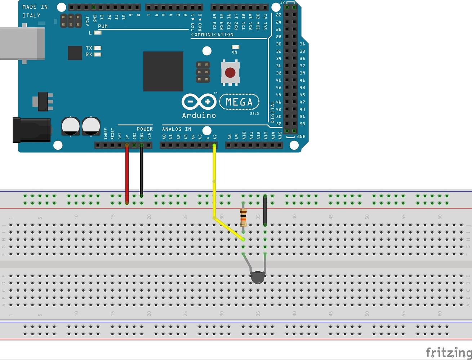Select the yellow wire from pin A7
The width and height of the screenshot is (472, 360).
(214, 180)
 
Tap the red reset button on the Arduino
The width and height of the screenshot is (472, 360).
(230, 73)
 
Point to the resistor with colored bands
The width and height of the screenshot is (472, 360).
(244, 217)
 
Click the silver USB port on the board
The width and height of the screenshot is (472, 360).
(22, 44)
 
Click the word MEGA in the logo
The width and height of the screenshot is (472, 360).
(239, 102)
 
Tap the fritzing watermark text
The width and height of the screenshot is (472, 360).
(448, 352)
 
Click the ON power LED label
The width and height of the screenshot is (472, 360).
(235, 52)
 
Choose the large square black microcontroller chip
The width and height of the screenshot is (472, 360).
(163, 71)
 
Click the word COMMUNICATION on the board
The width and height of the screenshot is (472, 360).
(212, 35)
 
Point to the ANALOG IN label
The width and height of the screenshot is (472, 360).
(177, 129)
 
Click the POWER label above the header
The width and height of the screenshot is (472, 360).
(144, 129)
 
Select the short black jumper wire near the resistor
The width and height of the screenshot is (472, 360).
(265, 211)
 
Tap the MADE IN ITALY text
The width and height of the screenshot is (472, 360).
(35, 11)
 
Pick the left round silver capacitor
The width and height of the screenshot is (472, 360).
(71, 126)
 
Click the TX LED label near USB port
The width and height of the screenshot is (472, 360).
(89, 48)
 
